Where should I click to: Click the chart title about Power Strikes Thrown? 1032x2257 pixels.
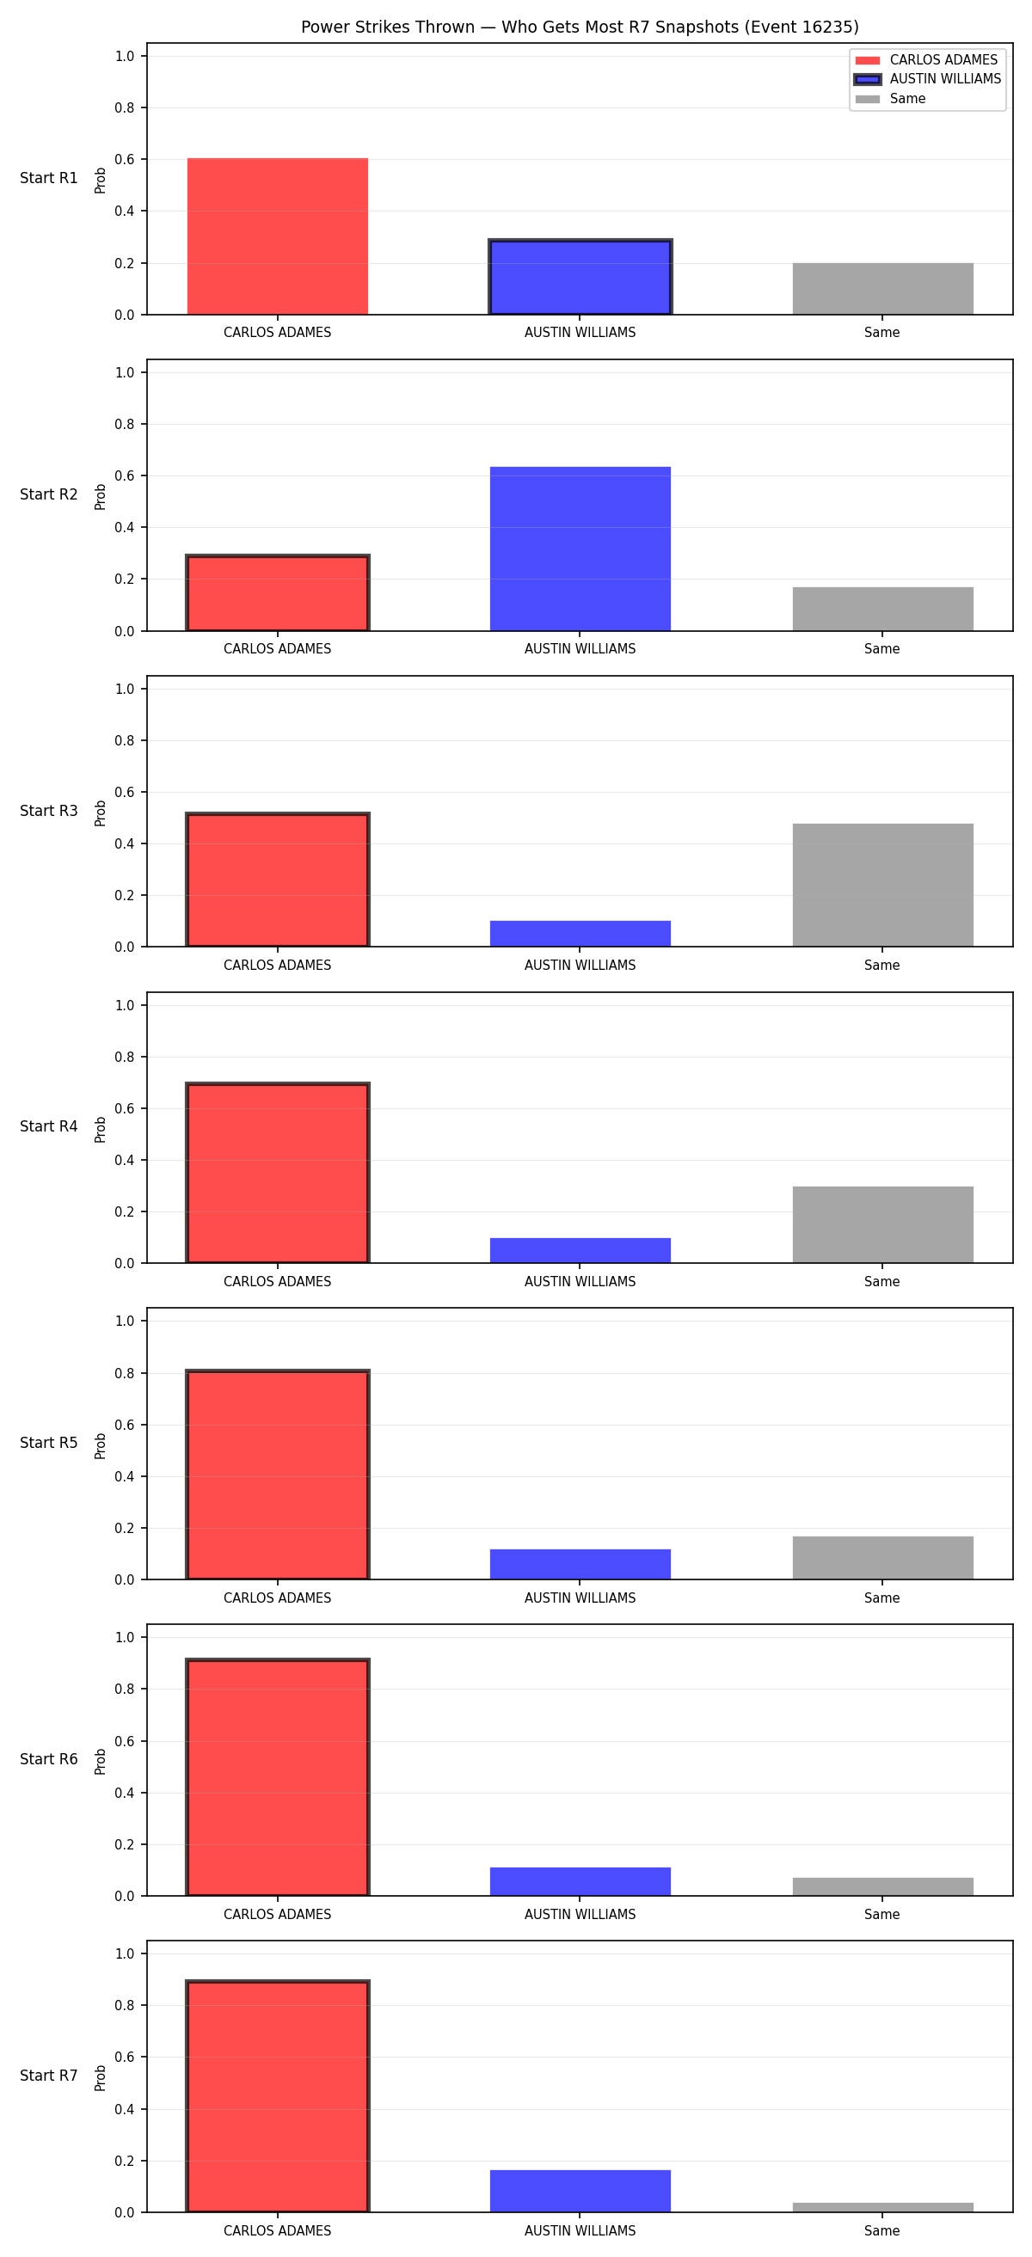pos(579,28)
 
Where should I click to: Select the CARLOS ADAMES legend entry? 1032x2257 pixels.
pos(926,59)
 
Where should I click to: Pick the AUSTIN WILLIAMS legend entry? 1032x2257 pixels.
pos(928,79)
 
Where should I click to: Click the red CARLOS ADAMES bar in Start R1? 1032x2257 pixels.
pos(278,236)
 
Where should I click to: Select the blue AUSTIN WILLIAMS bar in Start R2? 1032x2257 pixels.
pos(580,549)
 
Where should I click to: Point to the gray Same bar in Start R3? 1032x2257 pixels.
pos(883,885)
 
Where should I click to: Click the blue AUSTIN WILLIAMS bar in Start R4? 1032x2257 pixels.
pos(580,1250)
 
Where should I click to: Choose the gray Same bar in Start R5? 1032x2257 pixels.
pos(883,1558)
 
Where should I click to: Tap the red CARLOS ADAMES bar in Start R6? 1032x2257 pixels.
pos(278,1777)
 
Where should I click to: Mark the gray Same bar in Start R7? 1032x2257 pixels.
pos(883,2207)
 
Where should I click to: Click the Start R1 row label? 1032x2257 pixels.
pos(49,178)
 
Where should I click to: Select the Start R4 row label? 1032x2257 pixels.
pos(49,1125)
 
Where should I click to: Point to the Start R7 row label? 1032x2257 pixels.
pos(49,2076)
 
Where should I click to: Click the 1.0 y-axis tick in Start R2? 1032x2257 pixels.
pos(126,372)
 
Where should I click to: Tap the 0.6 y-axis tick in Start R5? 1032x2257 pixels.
pos(126,1425)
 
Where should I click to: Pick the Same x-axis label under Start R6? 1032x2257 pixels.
pos(882,1915)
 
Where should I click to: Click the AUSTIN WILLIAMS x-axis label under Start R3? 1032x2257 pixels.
pos(580,965)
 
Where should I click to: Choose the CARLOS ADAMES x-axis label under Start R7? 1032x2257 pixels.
pos(278,2230)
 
